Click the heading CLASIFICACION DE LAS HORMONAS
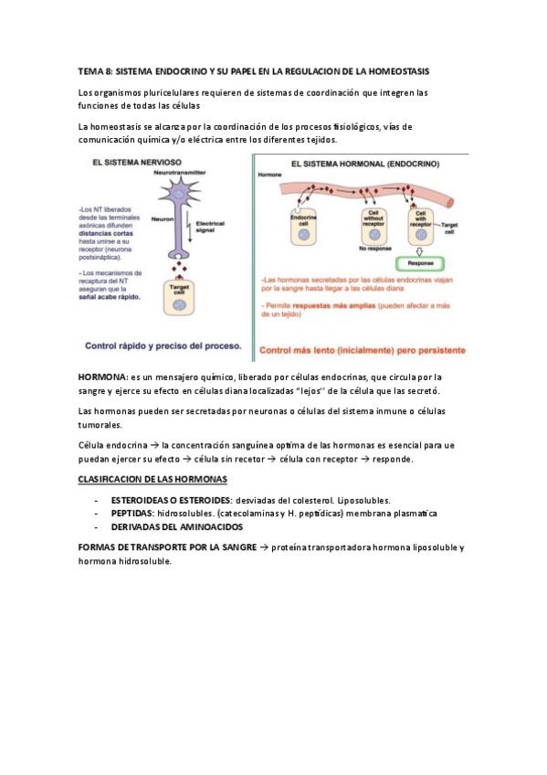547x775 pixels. point(153,480)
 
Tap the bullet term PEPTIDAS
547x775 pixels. point(131,515)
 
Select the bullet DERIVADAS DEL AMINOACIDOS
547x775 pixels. point(177,528)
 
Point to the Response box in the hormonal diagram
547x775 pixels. point(420,261)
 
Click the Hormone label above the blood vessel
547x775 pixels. point(270,174)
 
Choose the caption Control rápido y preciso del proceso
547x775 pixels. point(163,346)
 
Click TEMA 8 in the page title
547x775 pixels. point(94,70)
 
